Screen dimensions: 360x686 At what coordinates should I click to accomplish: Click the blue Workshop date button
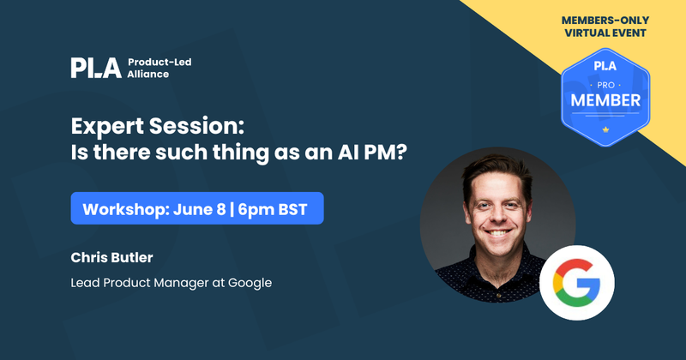pyautogui.click(x=197, y=208)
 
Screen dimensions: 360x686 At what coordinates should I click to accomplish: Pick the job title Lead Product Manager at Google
pyautogui.click(x=171, y=282)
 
